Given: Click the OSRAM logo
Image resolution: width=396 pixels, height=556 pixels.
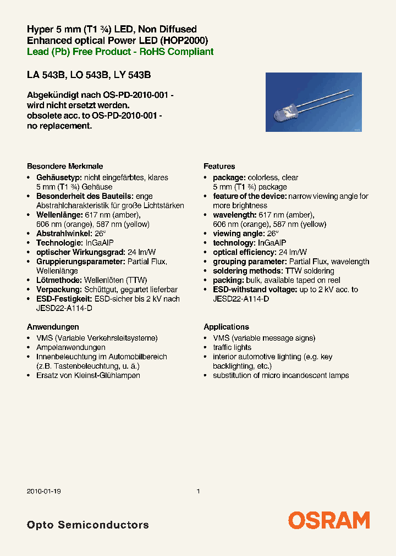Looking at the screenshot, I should click(x=329, y=520).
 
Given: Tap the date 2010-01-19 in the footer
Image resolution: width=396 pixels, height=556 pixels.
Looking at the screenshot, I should click(x=43, y=492).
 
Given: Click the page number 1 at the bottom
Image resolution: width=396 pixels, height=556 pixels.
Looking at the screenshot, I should click(x=198, y=492).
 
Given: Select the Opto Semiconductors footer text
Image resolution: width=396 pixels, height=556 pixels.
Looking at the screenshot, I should click(x=87, y=525).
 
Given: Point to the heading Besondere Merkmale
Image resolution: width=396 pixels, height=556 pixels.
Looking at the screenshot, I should click(x=65, y=166).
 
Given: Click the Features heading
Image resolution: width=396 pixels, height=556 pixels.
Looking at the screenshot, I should click(x=219, y=166).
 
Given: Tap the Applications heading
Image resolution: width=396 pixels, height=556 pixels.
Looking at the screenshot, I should click(x=226, y=326).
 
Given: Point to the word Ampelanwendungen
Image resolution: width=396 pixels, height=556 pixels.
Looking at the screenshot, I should click(x=70, y=347).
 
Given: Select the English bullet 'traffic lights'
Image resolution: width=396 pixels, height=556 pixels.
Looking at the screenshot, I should click(x=232, y=347).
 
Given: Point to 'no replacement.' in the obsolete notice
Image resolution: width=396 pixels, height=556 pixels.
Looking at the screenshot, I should click(x=59, y=126).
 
